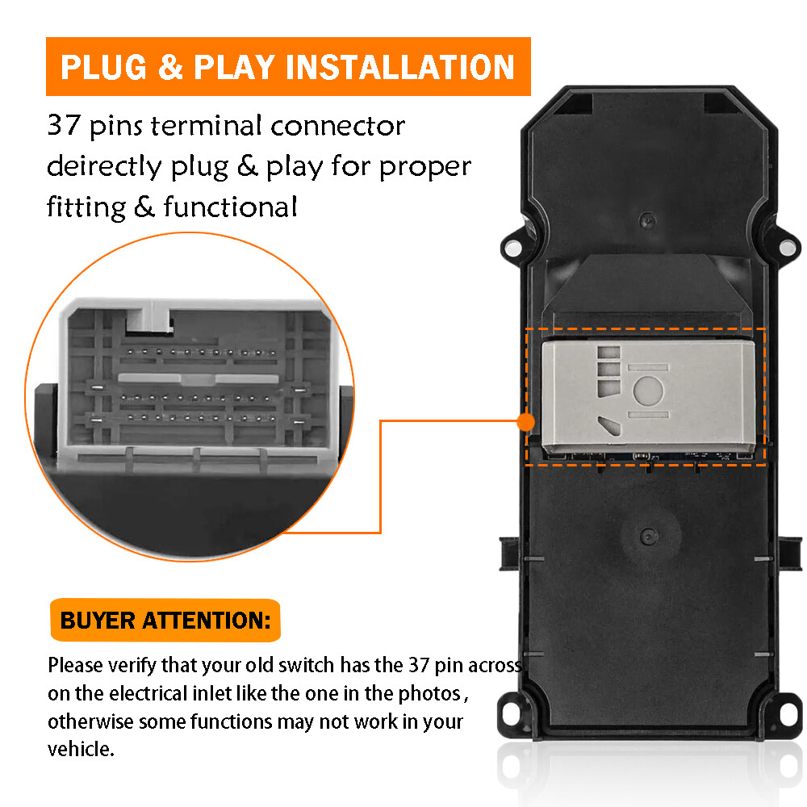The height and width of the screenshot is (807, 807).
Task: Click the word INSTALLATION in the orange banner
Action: click(400, 67)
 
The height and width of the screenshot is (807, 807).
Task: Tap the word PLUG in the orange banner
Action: click(103, 67)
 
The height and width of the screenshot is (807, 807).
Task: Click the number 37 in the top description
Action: click(64, 125)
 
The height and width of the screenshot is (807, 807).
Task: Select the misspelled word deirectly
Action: click(104, 167)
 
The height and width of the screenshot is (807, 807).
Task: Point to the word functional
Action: click(230, 207)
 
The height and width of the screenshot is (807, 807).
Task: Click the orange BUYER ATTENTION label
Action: click(165, 620)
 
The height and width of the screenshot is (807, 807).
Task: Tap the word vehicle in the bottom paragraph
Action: click(80, 749)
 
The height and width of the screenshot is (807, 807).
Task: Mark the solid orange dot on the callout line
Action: click(525, 422)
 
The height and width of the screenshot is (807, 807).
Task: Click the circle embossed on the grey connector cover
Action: click(648, 391)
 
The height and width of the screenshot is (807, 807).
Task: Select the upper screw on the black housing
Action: click(647, 221)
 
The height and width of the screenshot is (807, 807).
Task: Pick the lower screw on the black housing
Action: click(648, 537)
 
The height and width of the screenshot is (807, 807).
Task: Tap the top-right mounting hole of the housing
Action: click(787, 248)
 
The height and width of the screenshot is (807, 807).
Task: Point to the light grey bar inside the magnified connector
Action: click(199, 378)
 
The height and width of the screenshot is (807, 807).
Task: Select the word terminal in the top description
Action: click(207, 126)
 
